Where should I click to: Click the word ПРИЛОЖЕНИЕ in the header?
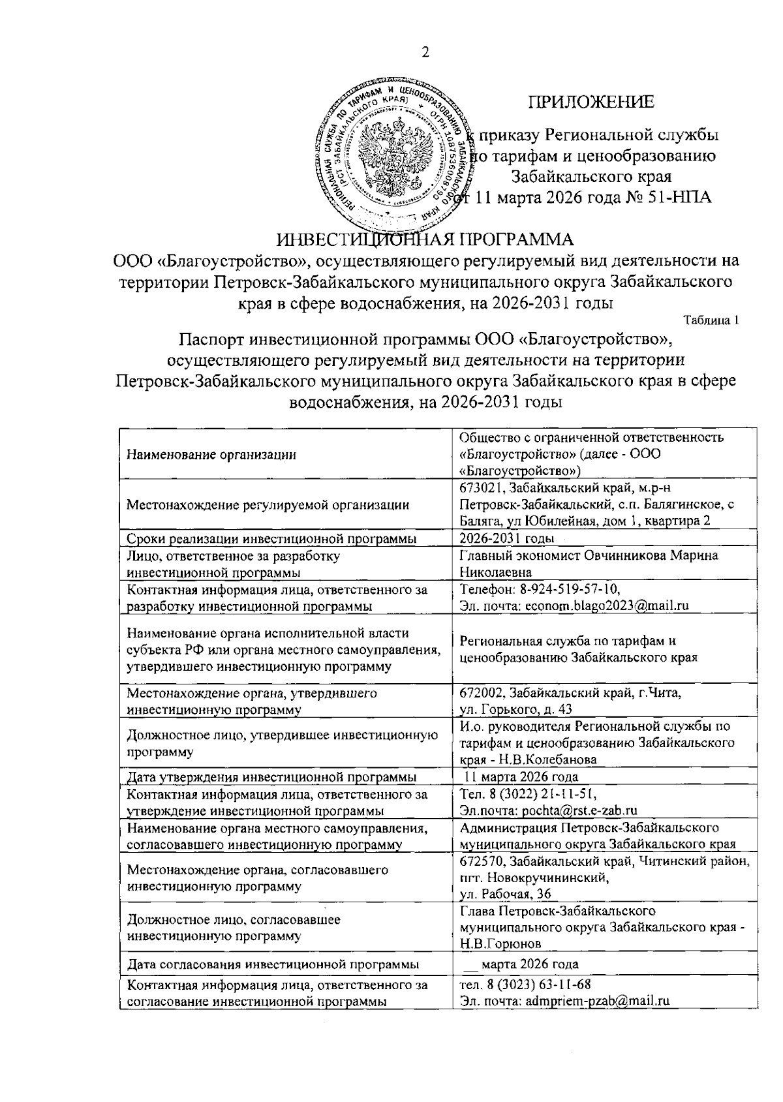coord(591,102)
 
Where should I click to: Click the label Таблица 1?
coord(711,320)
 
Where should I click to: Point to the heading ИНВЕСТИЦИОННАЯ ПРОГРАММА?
coord(425,238)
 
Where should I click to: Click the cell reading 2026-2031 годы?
coord(507,538)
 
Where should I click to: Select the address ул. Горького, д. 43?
coord(516,709)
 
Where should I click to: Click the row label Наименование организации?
coord(211,455)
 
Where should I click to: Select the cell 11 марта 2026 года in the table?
coord(521,776)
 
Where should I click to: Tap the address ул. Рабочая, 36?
coord(505,893)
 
